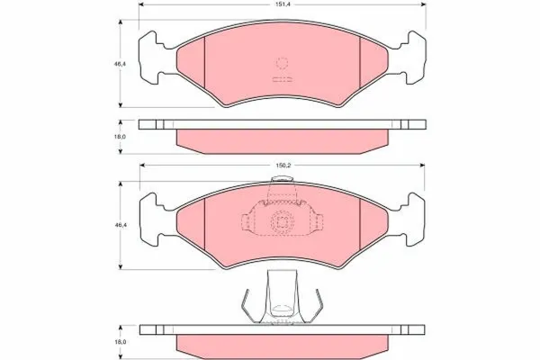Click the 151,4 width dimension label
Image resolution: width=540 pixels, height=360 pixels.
pyautogui.click(x=283, y=4)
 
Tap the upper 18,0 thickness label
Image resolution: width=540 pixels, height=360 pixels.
pyautogui.click(x=121, y=137)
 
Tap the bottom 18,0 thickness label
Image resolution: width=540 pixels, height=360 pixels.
pyautogui.click(x=121, y=342)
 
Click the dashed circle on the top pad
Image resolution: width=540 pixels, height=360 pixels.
pyautogui.click(x=282, y=63)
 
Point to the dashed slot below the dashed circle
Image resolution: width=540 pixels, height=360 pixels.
pyautogui.click(x=283, y=79)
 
